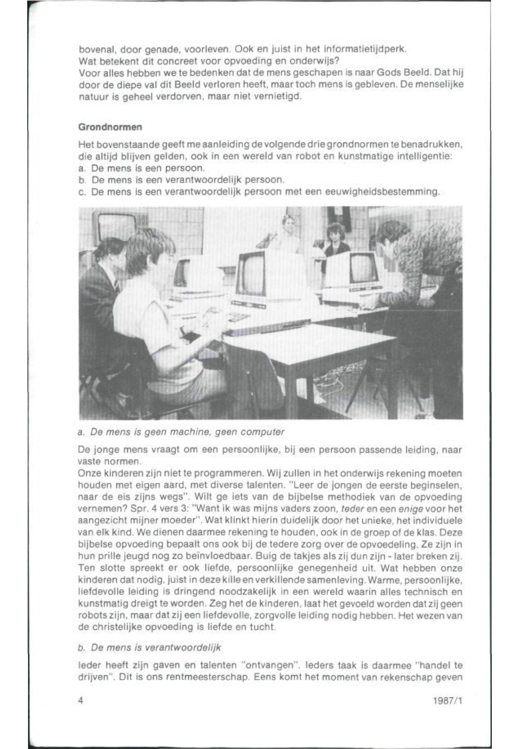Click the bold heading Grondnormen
[x=110, y=127]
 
